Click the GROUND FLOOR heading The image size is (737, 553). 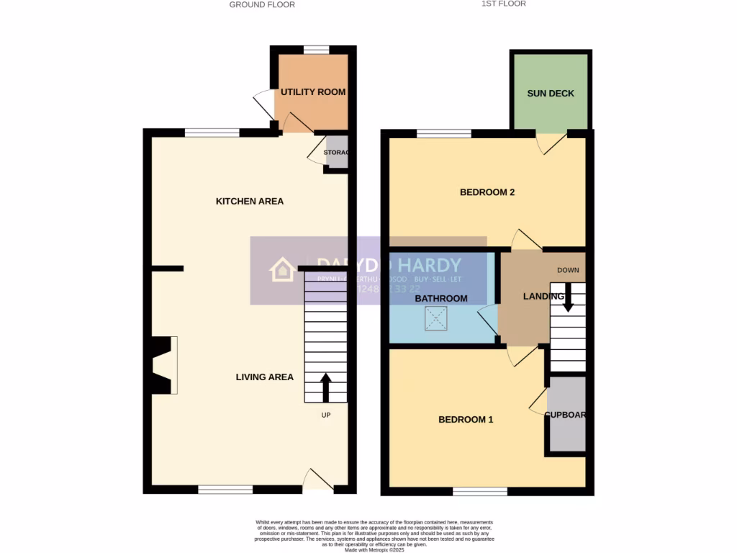click(x=262, y=4)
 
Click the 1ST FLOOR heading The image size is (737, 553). click(x=504, y=4)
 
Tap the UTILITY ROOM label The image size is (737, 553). click(x=312, y=92)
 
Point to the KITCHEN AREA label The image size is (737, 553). click(x=250, y=201)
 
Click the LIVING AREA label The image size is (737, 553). click(x=265, y=377)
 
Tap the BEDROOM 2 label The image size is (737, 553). click(x=487, y=192)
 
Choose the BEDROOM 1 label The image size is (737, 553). click(x=466, y=419)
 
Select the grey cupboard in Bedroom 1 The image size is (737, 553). click(x=566, y=415)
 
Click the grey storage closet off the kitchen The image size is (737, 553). click(x=337, y=153)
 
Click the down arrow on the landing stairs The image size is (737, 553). click(x=568, y=297)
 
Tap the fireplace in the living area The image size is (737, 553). click(x=163, y=366)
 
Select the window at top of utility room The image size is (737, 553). click(x=315, y=50)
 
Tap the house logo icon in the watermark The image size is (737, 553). click(x=281, y=270)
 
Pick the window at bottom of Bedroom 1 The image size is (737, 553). click(x=480, y=492)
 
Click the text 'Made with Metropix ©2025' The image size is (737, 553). click(x=374, y=549)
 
